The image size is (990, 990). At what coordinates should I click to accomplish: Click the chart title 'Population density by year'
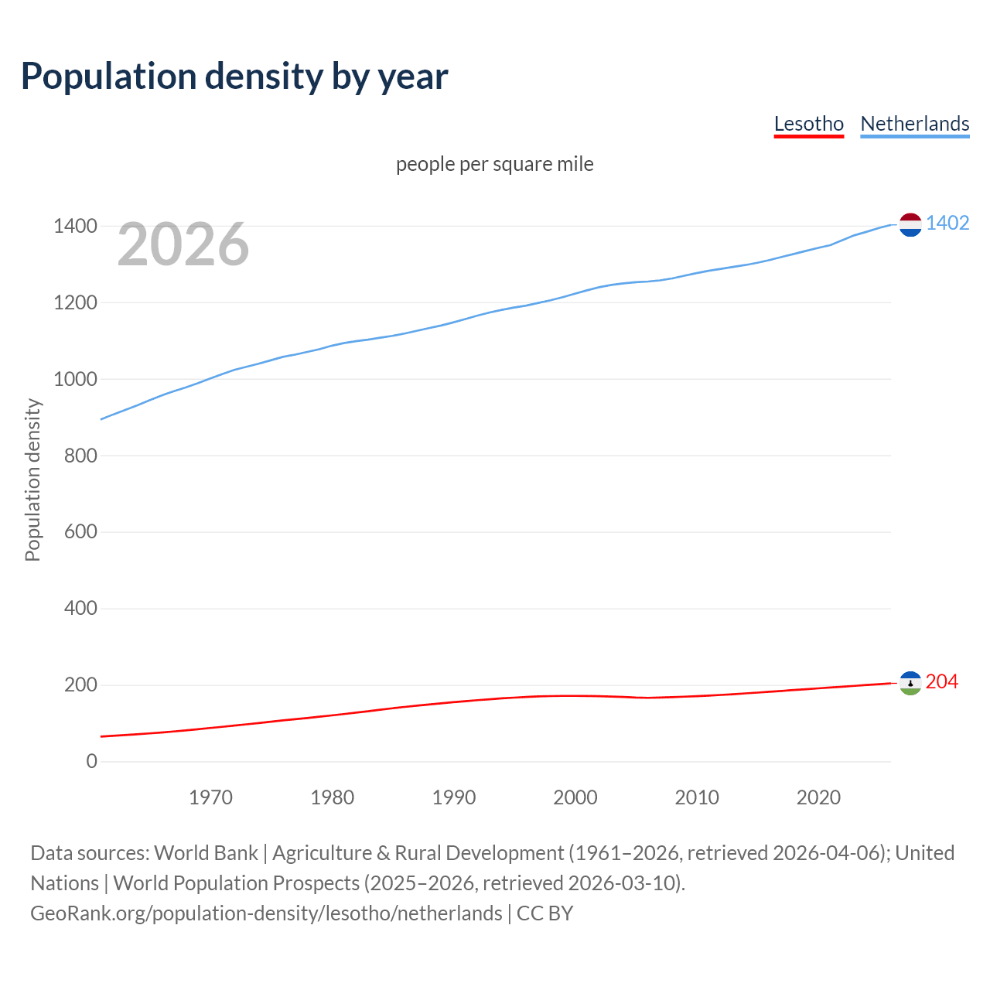tap(234, 77)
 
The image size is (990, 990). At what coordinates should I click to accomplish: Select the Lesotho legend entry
tap(808, 124)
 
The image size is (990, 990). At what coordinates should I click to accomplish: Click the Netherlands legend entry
tap(914, 124)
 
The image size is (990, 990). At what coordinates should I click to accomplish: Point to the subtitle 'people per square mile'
tap(494, 165)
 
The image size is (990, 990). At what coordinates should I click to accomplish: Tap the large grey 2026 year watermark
tap(183, 244)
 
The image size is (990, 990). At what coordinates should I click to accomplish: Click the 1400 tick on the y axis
tap(75, 227)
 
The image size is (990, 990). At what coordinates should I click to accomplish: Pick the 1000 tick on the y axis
tap(75, 380)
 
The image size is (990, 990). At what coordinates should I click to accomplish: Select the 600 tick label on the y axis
tap(80, 532)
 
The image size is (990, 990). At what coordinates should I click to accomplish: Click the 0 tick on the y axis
tap(92, 762)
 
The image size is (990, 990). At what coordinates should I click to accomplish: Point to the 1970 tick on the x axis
tap(210, 797)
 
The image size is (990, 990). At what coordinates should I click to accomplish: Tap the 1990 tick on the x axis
tap(454, 797)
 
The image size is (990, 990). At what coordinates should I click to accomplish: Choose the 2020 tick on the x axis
tap(818, 797)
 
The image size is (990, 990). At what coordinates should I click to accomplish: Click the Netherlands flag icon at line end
tap(910, 224)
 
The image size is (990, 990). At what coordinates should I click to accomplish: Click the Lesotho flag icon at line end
tap(910, 683)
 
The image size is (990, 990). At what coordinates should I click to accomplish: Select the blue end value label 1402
tap(947, 224)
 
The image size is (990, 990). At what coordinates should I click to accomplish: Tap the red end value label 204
tap(941, 682)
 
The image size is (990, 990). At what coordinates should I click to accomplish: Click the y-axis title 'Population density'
tap(32, 480)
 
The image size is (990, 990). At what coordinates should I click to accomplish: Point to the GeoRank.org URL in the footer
tap(266, 913)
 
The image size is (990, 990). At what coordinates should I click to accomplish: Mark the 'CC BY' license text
tap(544, 913)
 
